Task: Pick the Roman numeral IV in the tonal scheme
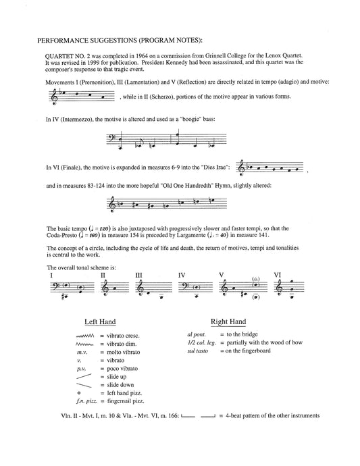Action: (181, 275)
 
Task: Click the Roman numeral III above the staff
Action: (138, 275)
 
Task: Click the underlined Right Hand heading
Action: (228, 322)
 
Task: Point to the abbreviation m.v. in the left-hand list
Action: (82, 353)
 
